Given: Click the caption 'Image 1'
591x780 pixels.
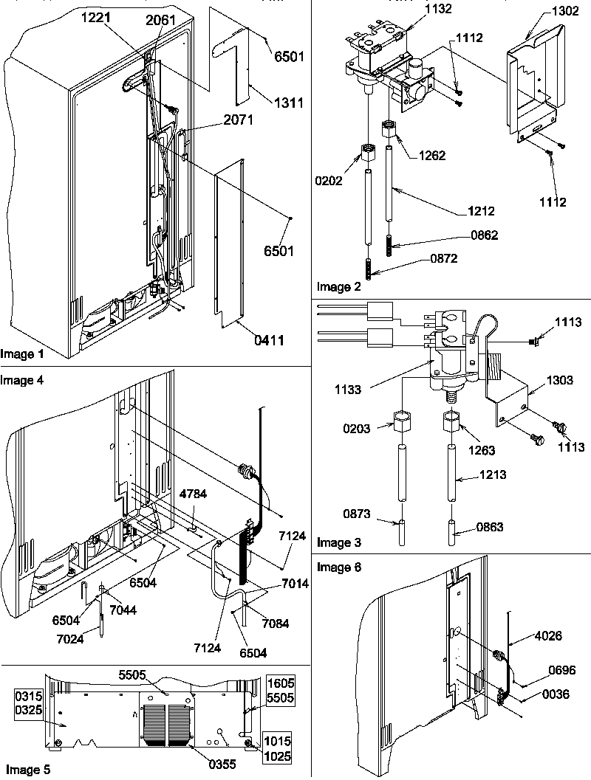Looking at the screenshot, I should pyautogui.click(x=22, y=354).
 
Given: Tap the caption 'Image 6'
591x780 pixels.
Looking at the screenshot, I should pyautogui.click(x=338, y=567).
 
